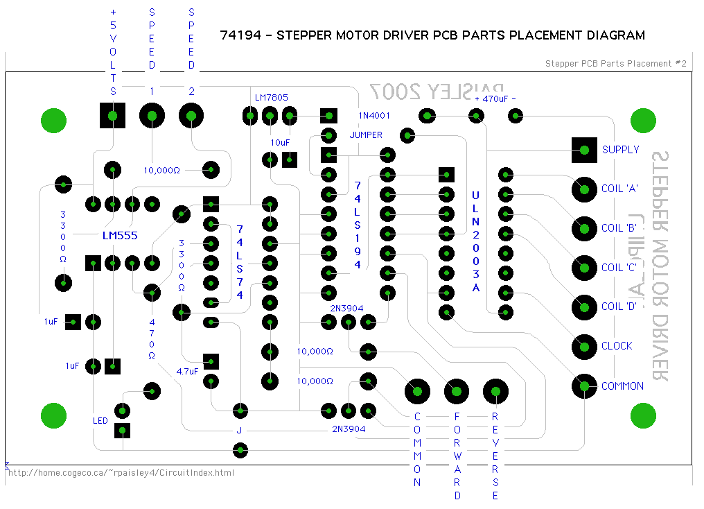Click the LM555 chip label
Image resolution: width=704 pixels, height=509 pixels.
(x=120, y=236)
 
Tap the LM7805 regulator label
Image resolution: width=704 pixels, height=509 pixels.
(x=271, y=98)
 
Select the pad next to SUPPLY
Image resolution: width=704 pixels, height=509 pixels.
(x=585, y=149)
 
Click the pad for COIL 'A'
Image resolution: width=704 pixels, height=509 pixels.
(x=585, y=188)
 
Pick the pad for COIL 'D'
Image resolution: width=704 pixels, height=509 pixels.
(x=585, y=306)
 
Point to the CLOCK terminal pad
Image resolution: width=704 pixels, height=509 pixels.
(x=585, y=345)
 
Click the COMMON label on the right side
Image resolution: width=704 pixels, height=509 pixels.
(x=622, y=386)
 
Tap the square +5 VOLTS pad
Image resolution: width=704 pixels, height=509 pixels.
(x=113, y=115)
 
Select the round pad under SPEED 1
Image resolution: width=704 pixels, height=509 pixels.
(x=152, y=115)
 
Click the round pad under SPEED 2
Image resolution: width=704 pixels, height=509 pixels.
(x=192, y=115)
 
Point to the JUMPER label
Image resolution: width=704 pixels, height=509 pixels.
(x=366, y=135)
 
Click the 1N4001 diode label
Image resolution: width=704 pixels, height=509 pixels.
(x=375, y=114)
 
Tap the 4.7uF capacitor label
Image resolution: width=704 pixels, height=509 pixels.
(x=187, y=371)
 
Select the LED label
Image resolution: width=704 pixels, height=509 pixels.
(x=100, y=420)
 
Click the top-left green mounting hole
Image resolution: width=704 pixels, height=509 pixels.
(x=54, y=120)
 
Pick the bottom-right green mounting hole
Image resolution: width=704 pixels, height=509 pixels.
(x=643, y=416)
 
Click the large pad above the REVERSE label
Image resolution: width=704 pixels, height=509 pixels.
(x=495, y=392)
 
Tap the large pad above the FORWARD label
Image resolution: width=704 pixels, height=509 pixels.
(x=456, y=392)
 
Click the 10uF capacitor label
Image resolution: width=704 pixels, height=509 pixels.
(x=280, y=142)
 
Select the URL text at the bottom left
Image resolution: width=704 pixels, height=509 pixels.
(x=121, y=473)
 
